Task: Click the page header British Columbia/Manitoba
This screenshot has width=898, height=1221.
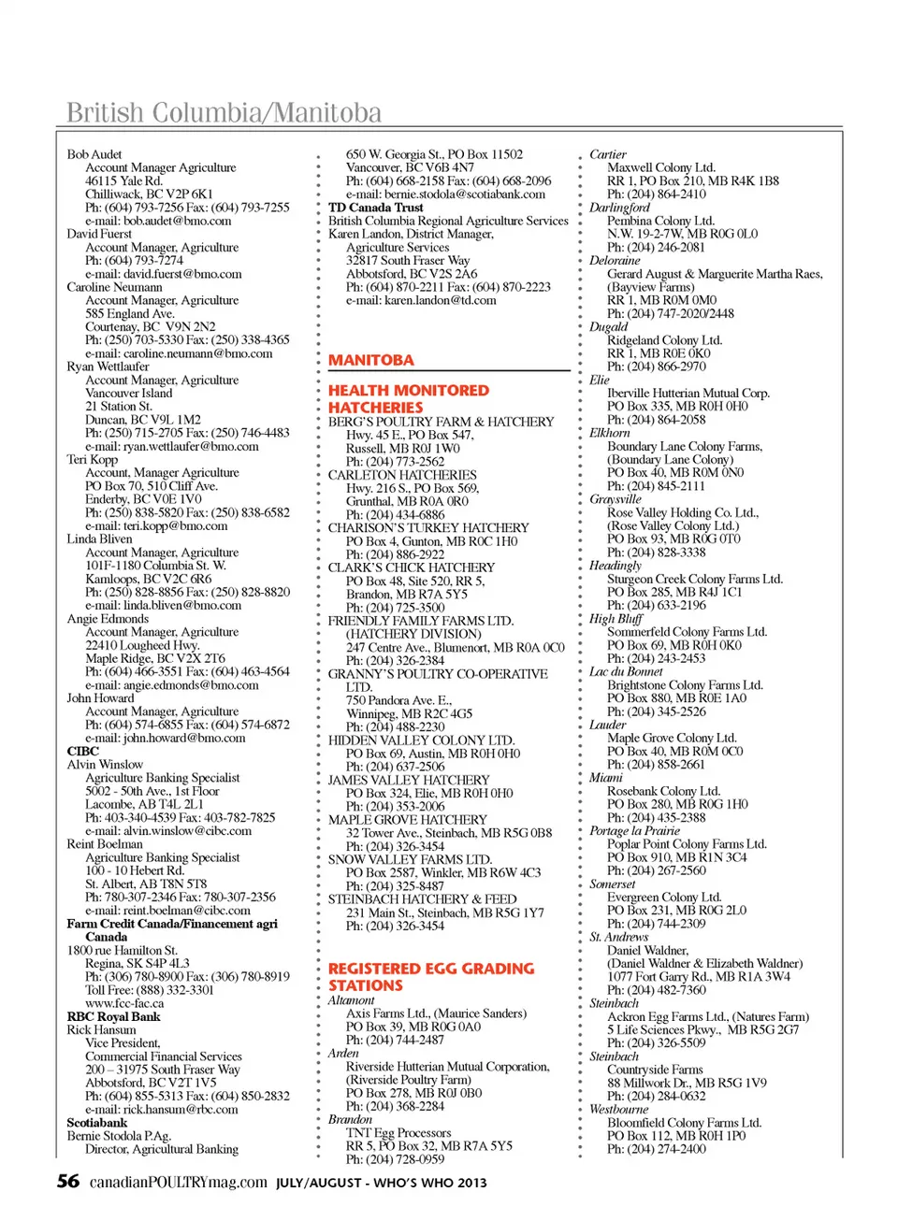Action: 224,113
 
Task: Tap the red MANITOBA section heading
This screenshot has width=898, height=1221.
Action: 370,360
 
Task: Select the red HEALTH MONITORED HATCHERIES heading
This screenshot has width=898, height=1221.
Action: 408,399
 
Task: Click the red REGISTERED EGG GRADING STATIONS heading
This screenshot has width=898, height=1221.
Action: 430,977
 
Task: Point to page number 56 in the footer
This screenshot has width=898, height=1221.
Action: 68,1181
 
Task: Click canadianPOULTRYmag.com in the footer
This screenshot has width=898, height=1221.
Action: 178,1182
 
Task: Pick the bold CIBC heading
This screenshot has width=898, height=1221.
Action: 82,751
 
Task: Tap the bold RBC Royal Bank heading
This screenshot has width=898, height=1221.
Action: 113,1016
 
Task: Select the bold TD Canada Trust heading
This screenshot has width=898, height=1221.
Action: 375,208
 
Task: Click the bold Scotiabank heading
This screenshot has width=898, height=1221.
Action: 96,1123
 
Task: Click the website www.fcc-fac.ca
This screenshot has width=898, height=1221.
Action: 123,1003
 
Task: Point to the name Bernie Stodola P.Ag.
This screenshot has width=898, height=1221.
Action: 119,1136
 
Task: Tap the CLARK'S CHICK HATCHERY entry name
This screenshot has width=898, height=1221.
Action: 411,567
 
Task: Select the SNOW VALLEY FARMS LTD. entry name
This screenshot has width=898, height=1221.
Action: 409,859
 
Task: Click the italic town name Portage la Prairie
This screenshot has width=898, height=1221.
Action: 634,830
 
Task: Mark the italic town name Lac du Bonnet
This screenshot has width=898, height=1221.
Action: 625,671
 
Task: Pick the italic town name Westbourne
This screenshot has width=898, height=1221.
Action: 618,1109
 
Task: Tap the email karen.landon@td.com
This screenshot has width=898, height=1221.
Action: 421,300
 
